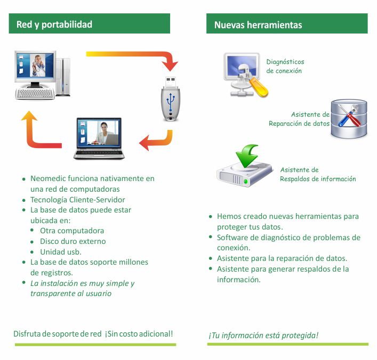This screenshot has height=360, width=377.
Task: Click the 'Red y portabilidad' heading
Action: [x=54, y=24]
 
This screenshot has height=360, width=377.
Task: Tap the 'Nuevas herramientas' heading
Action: [x=258, y=25]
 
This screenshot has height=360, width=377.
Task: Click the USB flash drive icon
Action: [x=171, y=99]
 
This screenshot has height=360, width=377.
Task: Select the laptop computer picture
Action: [x=99, y=138]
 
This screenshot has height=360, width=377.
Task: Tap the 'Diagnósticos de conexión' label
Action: [x=285, y=66]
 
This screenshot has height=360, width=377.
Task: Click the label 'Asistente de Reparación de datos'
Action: [x=299, y=119]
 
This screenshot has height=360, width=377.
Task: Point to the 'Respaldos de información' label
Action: [x=318, y=179]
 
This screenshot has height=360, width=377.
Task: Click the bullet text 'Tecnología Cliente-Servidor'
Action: [x=78, y=200]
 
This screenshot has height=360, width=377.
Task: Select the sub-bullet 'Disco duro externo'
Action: [x=73, y=241]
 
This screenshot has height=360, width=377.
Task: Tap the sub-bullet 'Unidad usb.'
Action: [x=60, y=251]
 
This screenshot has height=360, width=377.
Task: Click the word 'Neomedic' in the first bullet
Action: [x=49, y=178]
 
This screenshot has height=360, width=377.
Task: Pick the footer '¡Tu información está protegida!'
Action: [x=263, y=335]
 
